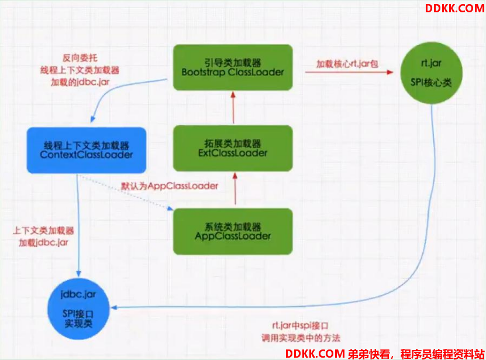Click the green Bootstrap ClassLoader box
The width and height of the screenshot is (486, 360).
(x=233, y=67)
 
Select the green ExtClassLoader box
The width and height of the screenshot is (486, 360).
(x=233, y=148)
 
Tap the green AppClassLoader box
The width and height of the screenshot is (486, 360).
(x=233, y=232)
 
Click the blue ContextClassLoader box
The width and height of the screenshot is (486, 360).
(x=87, y=150)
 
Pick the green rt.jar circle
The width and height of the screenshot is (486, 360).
(x=432, y=73)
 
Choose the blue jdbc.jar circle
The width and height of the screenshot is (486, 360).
(x=78, y=309)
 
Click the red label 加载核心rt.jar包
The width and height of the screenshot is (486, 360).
(x=347, y=64)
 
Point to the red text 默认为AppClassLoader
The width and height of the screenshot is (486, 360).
(x=170, y=186)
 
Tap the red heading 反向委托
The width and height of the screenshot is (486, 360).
(x=80, y=58)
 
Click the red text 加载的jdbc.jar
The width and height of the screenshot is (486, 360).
(x=80, y=82)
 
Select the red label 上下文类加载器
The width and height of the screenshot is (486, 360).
(x=43, y=231)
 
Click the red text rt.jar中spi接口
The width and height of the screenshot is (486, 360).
(x=300, y=326)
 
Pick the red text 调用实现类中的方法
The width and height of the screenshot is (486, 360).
(x=301, y=338)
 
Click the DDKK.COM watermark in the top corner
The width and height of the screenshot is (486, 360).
(x=454, y=8)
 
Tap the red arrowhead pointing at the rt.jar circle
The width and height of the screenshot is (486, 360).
(x=390, y=73)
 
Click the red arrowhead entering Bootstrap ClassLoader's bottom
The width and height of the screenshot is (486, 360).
(x=233, y=95)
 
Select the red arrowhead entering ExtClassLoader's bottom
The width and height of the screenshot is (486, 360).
(x=235, y=176)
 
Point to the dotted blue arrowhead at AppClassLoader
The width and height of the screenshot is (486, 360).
(x=170, y=208)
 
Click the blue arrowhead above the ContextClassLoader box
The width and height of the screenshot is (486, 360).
(x=92, y=119)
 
